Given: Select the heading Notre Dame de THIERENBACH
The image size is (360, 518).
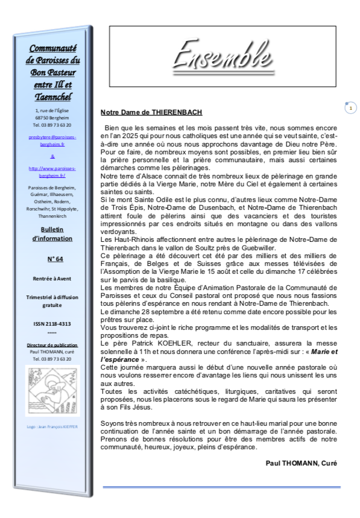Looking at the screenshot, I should (151, 112).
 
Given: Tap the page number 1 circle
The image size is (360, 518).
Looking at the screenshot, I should (351, 108).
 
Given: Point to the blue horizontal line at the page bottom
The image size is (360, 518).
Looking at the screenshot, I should (221, 487).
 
